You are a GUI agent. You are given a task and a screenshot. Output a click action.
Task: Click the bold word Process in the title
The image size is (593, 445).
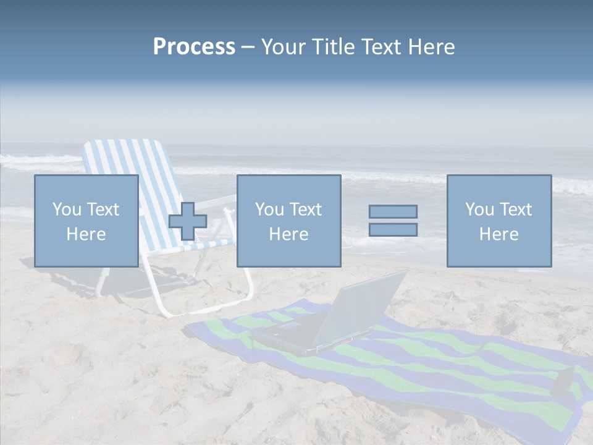(x=194, y=47)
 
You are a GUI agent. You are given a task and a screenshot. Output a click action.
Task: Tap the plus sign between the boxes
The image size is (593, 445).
(x=188, y=221)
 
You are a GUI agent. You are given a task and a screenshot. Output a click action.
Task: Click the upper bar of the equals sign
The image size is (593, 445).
(x=393, y=211)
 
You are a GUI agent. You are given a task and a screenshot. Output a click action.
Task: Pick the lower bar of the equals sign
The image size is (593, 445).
(x=393, y=230)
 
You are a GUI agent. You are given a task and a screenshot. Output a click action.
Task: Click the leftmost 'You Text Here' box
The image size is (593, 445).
(x=86, y=221)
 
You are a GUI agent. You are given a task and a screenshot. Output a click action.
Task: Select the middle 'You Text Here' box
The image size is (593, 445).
(x=288, y=221)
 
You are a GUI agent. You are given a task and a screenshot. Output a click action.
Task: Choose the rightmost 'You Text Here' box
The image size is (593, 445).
(x=498, y=221)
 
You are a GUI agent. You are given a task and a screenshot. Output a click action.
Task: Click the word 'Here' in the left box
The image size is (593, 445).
(x=86, y=234)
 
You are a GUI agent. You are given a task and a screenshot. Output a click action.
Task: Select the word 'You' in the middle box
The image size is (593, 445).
(x=269, y=210)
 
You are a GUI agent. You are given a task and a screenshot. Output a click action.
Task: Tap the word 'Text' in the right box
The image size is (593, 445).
(x=516, y=210)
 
